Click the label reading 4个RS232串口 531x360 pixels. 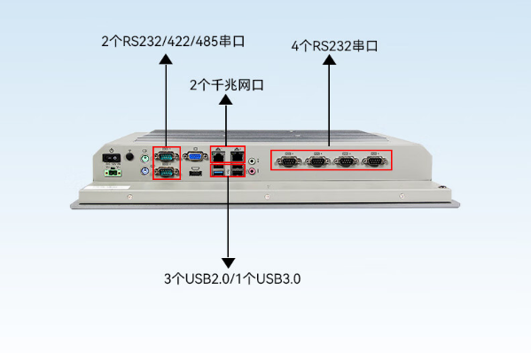pyautogui.click(x=334, y=45)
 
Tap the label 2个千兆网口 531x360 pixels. pyautogui.click(x=227, y=86)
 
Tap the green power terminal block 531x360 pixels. pyautogui.click(x=113, y=173)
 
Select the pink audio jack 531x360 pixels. pyautogui.click(x=255, y=171)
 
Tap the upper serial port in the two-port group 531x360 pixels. pyautogui.click(x=166, y=157)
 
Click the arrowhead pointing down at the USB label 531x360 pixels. pyautogui.click(x=228, y=262)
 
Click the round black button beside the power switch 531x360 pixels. pyautogui.click(x=130, y=157)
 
